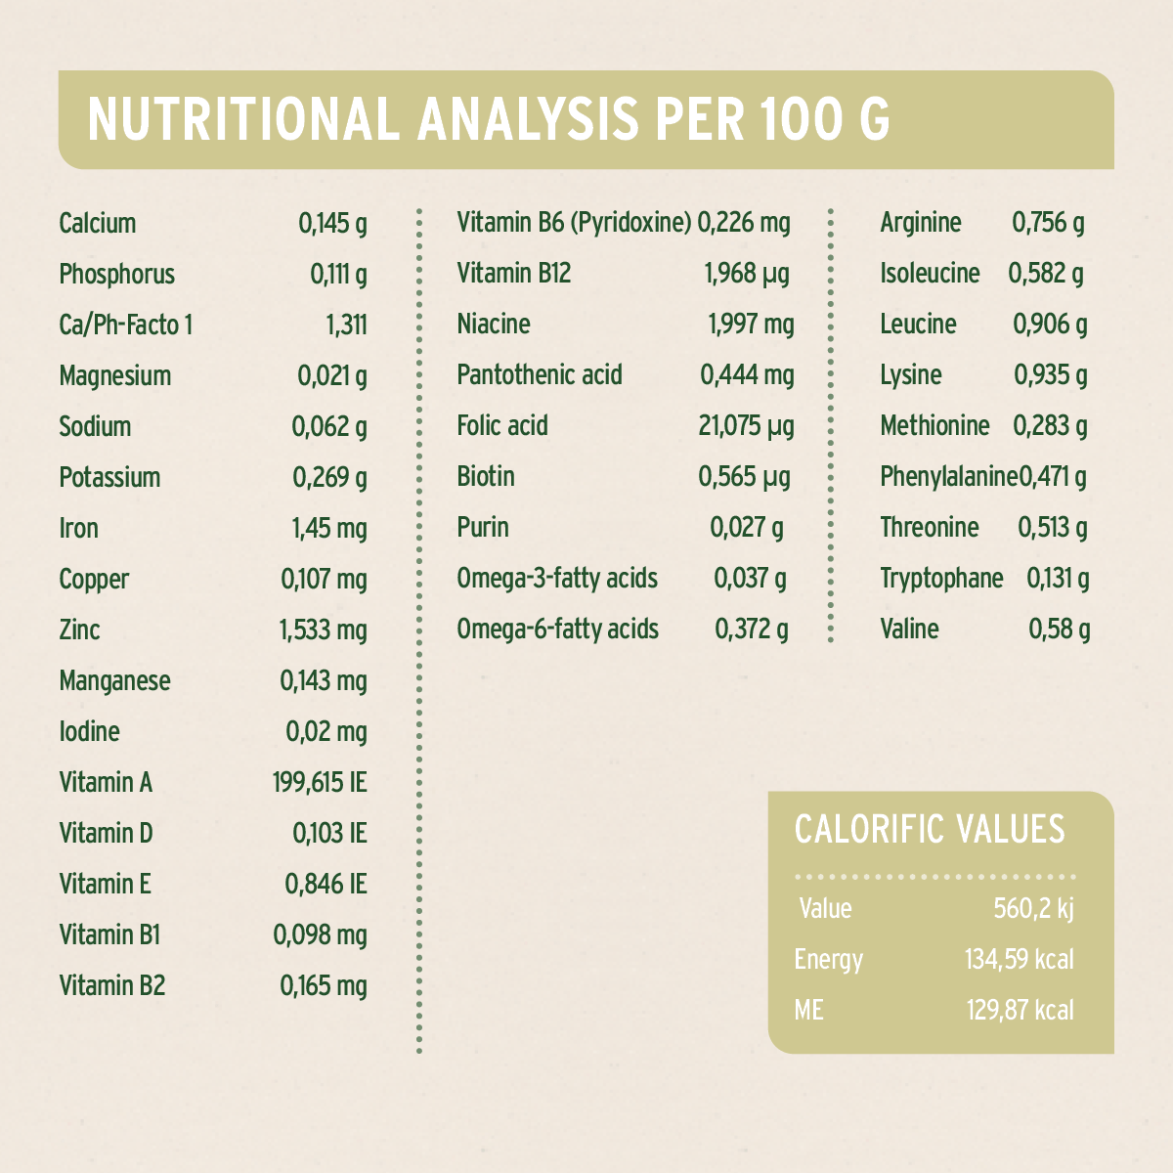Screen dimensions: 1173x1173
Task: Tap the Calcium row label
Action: (98, 224)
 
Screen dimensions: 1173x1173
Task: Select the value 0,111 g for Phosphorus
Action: (338, 275)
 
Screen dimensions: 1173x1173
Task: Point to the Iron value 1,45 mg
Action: (329, 529)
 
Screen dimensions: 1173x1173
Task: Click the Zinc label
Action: (79, 630)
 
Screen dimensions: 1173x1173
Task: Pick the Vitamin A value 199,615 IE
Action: (320, 783)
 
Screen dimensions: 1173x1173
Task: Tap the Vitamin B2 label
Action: (112, 986)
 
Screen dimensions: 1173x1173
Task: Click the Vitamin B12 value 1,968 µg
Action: (747, 275)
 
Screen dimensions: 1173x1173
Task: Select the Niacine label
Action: (494, 325)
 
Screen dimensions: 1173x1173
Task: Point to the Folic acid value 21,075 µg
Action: (746, 426)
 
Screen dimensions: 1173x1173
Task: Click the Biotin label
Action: (486, 477)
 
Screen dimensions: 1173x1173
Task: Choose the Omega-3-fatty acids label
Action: (557, 579)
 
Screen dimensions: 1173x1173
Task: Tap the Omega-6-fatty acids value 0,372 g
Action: (752, 630)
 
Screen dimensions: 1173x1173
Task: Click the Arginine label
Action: (921, 224)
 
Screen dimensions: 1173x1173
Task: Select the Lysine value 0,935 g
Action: (1051, 375)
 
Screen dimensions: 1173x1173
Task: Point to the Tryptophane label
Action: (941, 579)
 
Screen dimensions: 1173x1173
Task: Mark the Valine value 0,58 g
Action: (1060, 630)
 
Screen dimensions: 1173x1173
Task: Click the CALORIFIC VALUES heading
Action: (930, 829)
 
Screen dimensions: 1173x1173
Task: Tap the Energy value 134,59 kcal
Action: (1020, 959)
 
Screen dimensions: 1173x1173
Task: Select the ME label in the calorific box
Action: (809, 1010)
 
